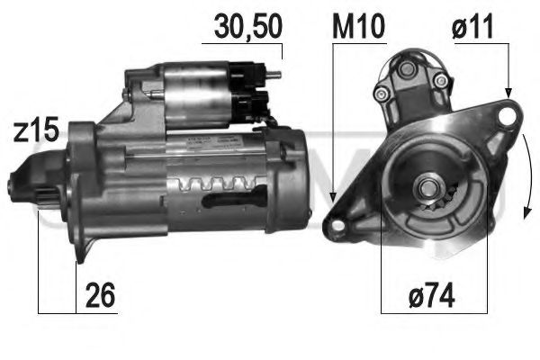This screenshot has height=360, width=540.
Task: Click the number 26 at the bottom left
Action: (101, 294)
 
